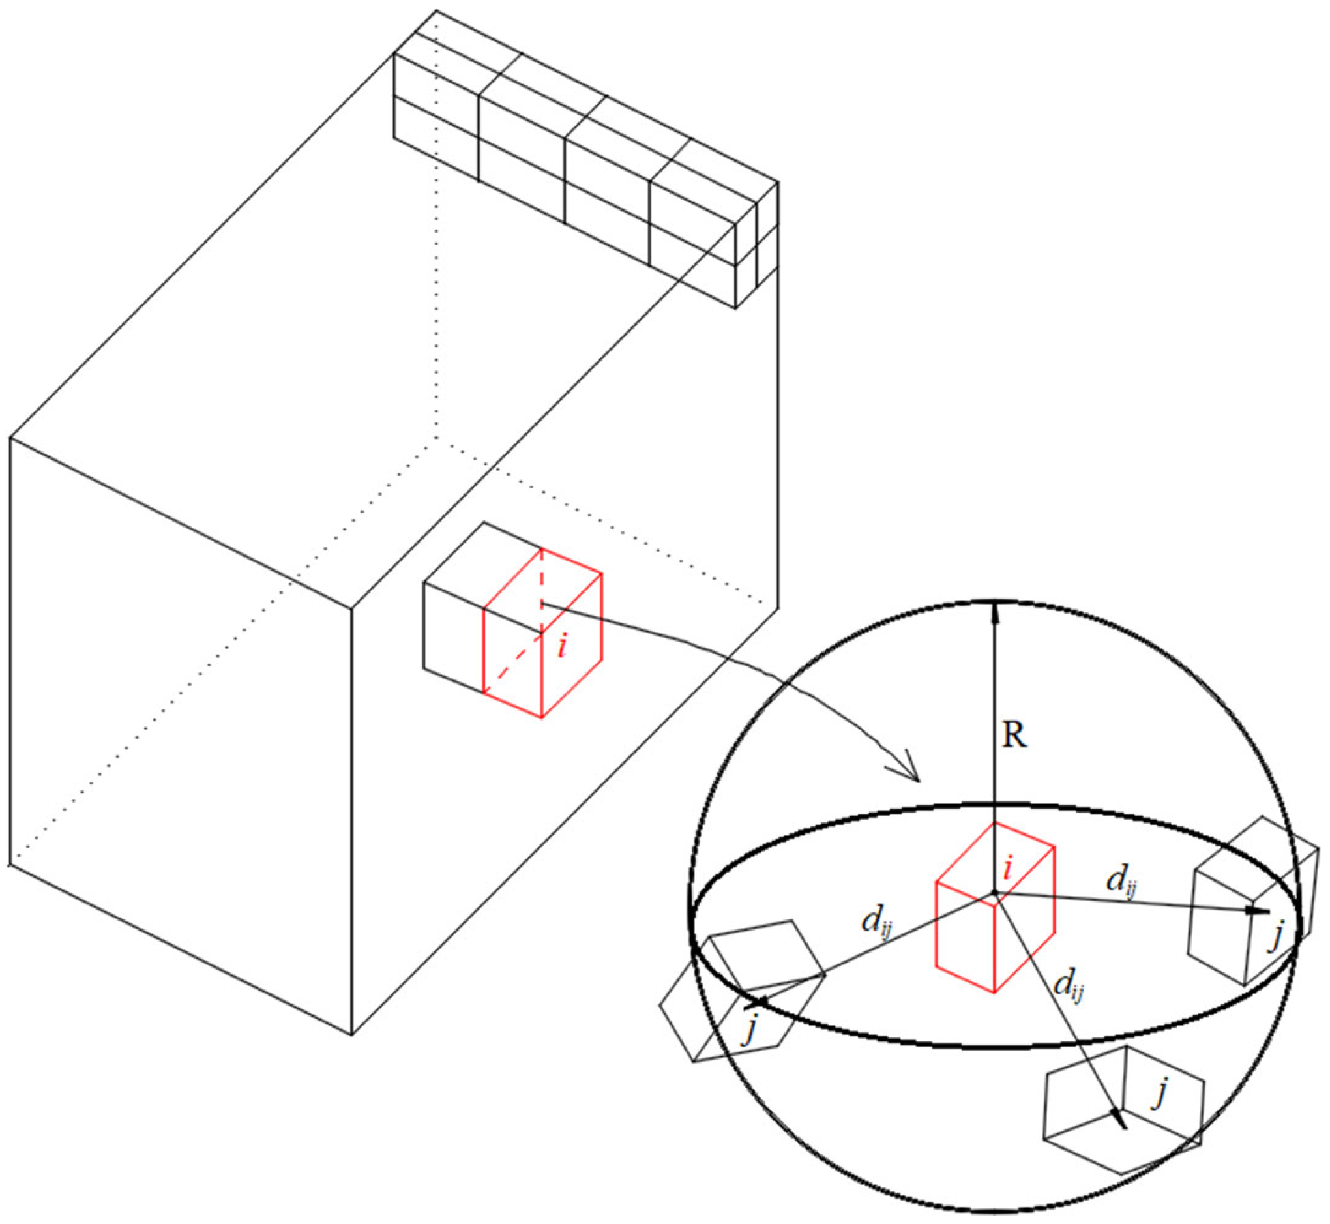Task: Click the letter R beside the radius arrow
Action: pos(1015,735)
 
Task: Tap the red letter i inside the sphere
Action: pos(1007,868)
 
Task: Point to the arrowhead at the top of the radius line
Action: pos(994,613)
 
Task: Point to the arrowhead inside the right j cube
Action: pos(1257,912)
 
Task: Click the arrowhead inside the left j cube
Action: pos(757,1004)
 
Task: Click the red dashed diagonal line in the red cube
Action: pos(513,663)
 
